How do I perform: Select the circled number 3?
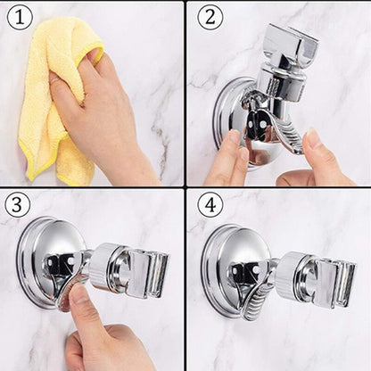pyautogui.click(x=18, y=204)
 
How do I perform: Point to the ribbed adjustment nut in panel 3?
pyautogui.click(x=106, y=268)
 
